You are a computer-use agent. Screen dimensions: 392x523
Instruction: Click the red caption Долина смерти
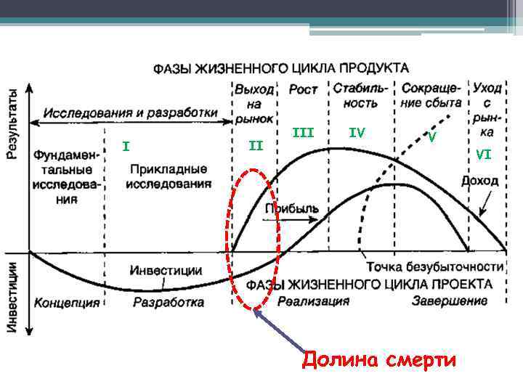(378, 359)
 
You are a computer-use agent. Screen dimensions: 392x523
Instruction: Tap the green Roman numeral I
(126, 147)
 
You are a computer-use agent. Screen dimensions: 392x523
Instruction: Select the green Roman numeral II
(256, 146)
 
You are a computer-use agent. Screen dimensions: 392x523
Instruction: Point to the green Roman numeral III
(303, 132)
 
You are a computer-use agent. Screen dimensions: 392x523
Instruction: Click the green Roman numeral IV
(356, 132)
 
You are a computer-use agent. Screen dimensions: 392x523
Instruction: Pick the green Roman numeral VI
(485, 153)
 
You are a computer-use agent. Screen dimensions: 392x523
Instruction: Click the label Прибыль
(291, 208)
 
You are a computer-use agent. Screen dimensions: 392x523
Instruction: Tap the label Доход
(479, 181)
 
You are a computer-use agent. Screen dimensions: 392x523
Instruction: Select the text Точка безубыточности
(434, 265)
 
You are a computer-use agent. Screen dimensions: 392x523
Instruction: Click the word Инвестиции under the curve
(166, 269)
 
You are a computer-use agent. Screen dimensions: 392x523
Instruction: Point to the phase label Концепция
(67, 301)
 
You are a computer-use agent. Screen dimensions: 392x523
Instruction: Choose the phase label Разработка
(168, 301)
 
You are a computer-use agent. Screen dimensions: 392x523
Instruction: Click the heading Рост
(303, 89)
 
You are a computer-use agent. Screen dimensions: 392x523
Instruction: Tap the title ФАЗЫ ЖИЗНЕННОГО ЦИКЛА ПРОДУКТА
(280, 68)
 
